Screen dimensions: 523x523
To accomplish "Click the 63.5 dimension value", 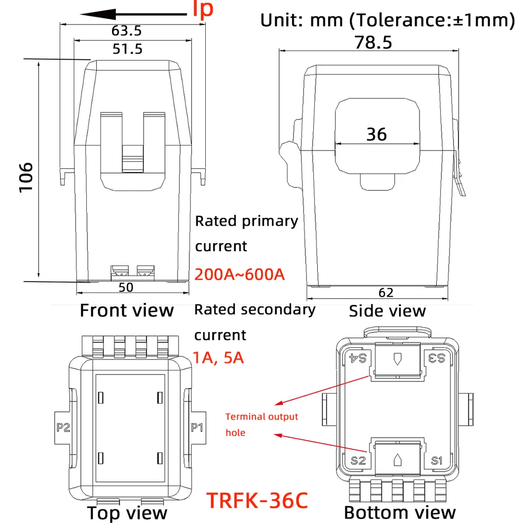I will (x=126, y=31).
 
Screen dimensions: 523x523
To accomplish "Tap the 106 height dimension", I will (x=26, y=177).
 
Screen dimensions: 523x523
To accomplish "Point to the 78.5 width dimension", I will (x=374, y=42).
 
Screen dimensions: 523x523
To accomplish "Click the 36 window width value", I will (x=376, y=134).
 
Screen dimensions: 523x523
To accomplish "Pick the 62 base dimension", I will (x=386, y=293).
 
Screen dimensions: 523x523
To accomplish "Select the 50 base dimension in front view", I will (x=126, y=287).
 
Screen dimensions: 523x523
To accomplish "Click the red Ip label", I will (x=202, y=10).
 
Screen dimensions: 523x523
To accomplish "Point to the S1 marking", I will (x=437, y=461).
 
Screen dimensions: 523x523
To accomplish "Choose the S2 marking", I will (x=358, y=461).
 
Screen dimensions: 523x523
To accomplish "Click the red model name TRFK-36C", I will (x=257, y=499).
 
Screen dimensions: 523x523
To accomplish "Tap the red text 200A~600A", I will (x=240, y=274).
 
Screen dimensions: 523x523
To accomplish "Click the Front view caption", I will (x=127, y=310).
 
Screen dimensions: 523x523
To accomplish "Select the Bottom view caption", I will (x=400, y=512).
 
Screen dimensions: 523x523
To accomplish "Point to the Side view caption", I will (x=387, y=311).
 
